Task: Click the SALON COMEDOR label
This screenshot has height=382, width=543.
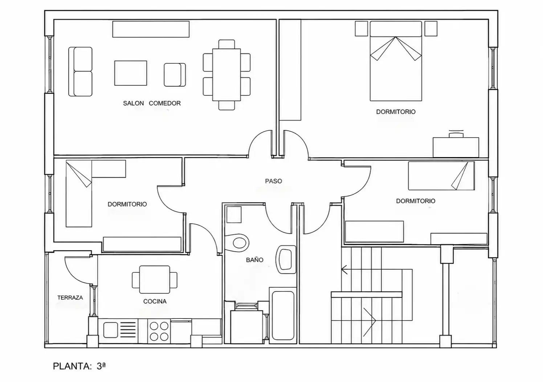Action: (x=152, y=103)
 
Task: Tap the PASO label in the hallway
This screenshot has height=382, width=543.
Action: (x=273, y=181)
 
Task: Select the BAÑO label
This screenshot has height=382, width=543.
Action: (x=254, y=260)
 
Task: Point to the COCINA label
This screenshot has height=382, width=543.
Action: (x=155, y=301)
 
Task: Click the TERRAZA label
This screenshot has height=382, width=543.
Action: (x=70, y=298)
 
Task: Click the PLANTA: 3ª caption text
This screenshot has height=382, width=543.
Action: (x=79, y=366)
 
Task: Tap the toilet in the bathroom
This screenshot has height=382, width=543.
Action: (x=237, y=243)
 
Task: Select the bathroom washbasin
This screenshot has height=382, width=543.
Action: (x=286, y=260)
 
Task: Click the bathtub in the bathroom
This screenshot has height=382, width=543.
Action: (x=283, y=316)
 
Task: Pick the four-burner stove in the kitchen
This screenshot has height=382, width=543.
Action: (x=159, y=331)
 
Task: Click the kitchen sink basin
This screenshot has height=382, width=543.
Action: (x=111, y=330)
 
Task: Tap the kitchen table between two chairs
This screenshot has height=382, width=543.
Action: (x=154, y=280)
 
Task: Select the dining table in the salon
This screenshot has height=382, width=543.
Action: (x=226, y=75)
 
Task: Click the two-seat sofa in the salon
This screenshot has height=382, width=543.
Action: (x=80, y=72)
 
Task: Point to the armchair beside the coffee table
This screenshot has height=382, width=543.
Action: (x=175, y=75)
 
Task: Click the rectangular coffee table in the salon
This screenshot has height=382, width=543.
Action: (x=131, y=73)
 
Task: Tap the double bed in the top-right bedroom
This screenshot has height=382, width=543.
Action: (x=396, y=61)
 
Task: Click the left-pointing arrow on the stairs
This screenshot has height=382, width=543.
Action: (x=377, y=269)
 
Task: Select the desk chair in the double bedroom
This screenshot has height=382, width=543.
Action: (x=456, y=134)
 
